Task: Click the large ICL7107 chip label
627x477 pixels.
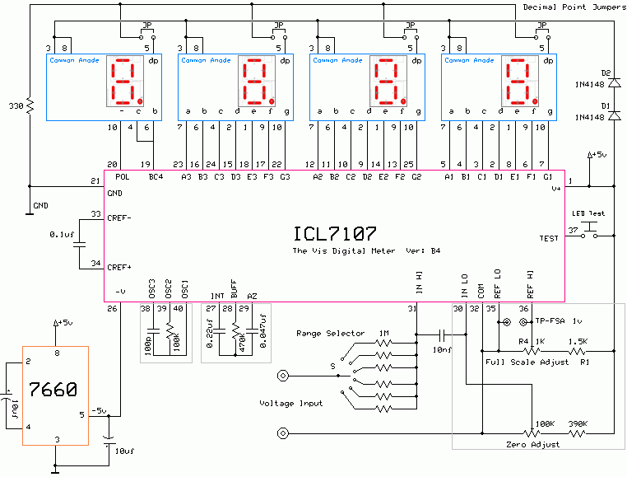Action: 333,233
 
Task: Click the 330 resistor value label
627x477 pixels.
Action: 15,107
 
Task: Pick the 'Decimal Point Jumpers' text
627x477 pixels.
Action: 574,7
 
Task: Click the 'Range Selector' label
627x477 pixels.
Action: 330,334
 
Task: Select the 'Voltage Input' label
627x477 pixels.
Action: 290,403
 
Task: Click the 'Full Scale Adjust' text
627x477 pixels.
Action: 516,362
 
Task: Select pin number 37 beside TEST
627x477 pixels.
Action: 573,229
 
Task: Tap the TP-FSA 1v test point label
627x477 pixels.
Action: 554,320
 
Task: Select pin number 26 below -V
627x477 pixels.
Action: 113,309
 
